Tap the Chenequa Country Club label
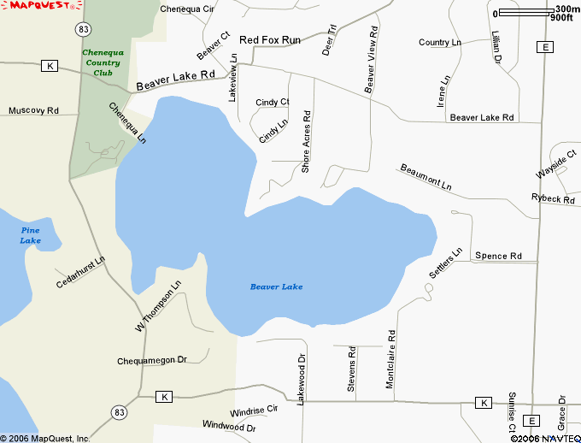(x=103, y=62)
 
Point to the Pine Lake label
(x=31, y=235)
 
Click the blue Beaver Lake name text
(x=276, y=286)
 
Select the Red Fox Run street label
(x=270, y=40)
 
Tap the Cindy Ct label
(x=272, y=103)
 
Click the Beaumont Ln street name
(x=425, y=176)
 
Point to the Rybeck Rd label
(x=553, y=198)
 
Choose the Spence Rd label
(x=498, y=256)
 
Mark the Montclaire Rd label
(x=390, y=360)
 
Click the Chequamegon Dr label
(x=151, y=361)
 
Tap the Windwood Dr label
(x=229, y=425)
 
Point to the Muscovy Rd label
(x=33, y=110)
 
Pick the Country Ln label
(x=440, y=43)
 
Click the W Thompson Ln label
(x=158, y=306)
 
